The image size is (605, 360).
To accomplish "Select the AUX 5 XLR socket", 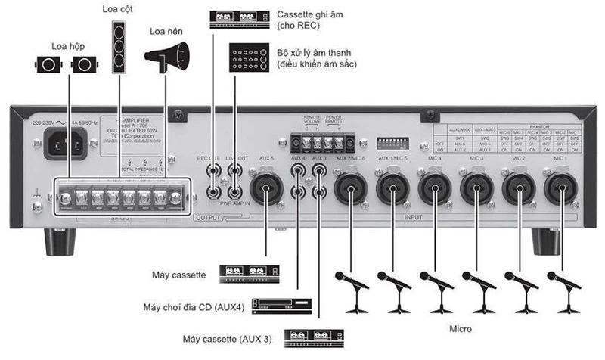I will pos(266,188).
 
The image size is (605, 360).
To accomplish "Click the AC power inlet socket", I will pos(61,141).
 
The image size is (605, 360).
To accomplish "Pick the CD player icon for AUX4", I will pos(282,306).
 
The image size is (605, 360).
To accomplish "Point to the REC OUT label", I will pos(208,157).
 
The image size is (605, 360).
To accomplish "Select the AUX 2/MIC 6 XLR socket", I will pos(350,188).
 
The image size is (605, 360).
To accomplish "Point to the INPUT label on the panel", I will pos(414,218).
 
